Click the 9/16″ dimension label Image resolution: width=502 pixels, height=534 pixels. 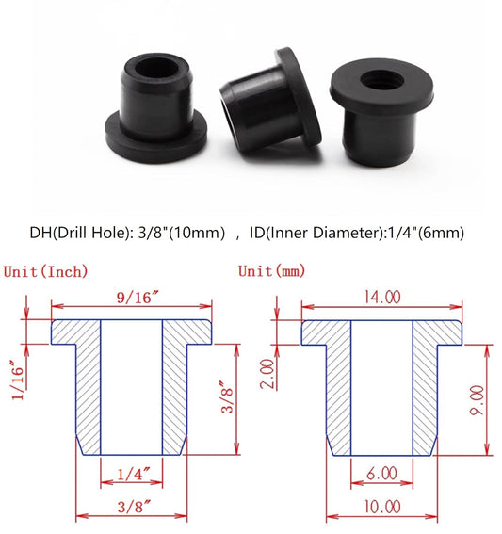coord(132,297)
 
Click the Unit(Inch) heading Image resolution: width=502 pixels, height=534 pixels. coord(46,271)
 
